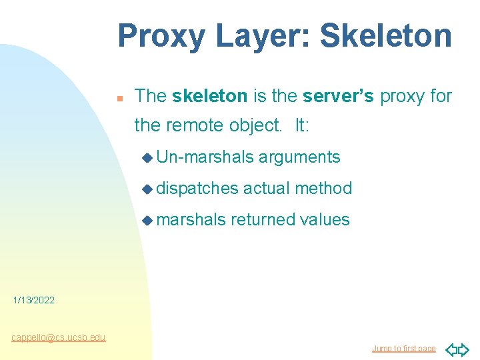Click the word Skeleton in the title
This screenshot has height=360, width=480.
386,37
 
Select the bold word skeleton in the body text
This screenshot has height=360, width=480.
209,96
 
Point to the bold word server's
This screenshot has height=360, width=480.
338,96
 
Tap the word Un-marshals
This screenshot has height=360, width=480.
205,157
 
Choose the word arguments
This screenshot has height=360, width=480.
299,157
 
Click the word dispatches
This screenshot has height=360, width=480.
197,189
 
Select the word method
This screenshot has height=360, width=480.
323,189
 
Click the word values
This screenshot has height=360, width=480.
325,219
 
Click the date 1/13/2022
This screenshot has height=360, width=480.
34,301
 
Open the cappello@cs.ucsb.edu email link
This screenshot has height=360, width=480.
58,337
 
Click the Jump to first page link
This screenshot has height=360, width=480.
403,348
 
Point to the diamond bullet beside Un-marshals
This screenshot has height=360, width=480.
147,158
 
